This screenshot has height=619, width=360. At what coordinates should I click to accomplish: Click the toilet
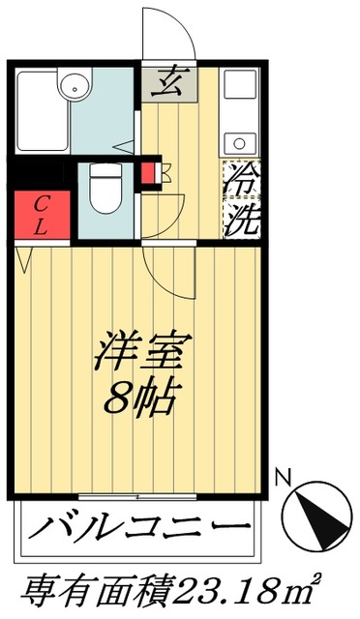point(101,189)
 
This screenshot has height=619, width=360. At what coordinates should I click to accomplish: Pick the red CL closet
point(42,215)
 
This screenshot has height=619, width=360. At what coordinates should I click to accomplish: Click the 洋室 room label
point(142,350)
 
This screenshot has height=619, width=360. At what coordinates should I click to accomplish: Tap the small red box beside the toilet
point(149,173)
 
